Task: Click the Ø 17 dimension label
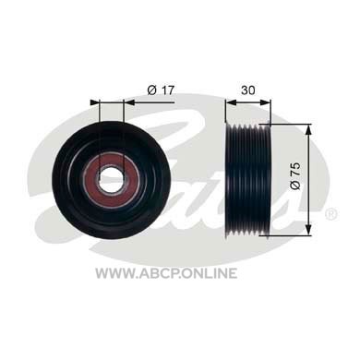162,90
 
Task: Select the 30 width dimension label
248,90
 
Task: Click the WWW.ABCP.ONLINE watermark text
166,273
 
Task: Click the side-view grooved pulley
248,180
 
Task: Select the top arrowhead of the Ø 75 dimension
308,129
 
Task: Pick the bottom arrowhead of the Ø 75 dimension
308,231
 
